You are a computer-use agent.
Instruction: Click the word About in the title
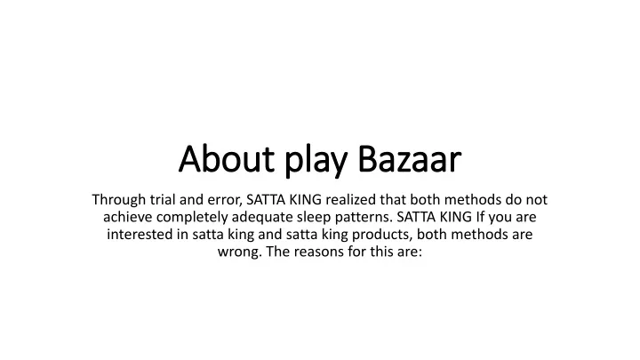coord(227,159)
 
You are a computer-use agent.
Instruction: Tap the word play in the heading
coord(316,162)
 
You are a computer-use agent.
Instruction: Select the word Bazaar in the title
coord(410,159)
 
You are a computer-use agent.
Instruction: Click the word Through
coord(119,201)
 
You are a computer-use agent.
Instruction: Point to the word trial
coord(163,200)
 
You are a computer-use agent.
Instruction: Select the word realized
coord(350,201)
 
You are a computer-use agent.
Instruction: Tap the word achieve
coord(127,217)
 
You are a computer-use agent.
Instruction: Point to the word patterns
coord(364,218)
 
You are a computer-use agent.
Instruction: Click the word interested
coord(140,235)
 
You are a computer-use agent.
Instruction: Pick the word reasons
coord(319,252)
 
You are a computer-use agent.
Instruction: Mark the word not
coord(536,200)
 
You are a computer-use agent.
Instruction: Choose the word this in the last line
coord(381,252)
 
